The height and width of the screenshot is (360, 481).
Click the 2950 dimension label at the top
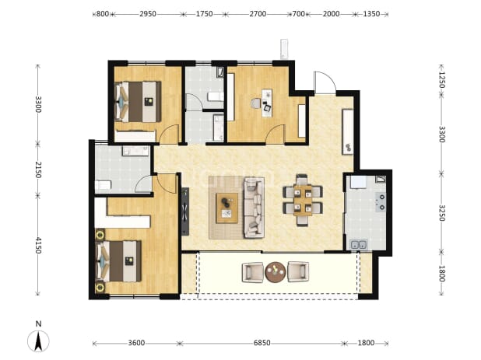click(148, 14)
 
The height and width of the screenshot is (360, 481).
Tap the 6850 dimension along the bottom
click(262, 343)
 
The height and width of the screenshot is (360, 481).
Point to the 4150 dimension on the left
click(37, 245)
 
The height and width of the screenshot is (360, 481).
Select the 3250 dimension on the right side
click(442, 212)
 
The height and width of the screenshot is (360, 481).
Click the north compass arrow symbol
click(38, 341)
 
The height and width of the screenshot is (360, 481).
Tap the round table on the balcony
click(276, 272)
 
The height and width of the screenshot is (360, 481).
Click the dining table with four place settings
click(303, 200)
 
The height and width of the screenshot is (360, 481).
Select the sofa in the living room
click(254, 208)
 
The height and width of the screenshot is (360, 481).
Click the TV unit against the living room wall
click(185, 211)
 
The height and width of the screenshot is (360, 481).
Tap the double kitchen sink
click(359, 244)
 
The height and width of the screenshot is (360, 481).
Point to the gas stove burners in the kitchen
click(381, 202)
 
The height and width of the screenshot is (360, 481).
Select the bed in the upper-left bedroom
click(138, 101)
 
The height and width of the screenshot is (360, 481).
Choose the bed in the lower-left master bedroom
click(119, 261)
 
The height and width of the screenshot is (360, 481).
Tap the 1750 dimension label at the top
click(204, 14)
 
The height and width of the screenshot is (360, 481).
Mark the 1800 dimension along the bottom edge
click(366, 343)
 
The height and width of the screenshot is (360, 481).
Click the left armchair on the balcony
click(253, 272)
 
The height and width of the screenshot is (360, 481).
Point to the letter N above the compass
click(38, 324)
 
